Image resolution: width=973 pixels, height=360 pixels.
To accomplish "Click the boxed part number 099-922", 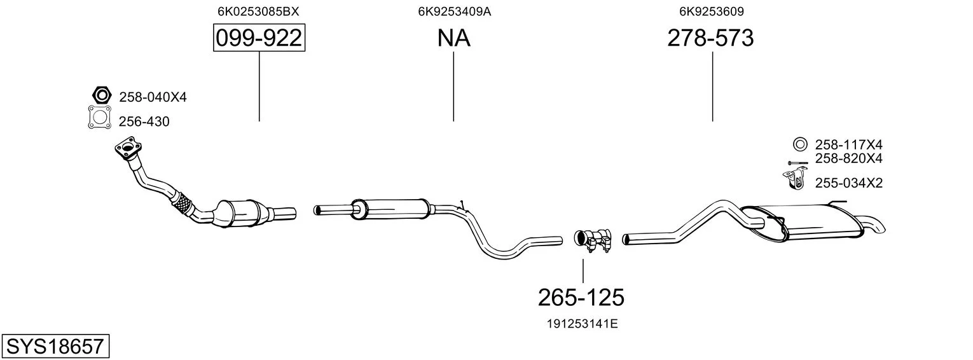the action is pos(259,38).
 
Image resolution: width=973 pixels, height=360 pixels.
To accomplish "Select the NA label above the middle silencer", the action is pos(453,38).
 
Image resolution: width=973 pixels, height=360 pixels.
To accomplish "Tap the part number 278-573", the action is pos(710,38).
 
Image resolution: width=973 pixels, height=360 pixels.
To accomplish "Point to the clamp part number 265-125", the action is pos(581,298).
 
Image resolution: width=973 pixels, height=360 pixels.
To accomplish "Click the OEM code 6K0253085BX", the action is pos(258,11).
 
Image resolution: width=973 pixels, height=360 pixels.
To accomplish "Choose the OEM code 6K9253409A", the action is pos(454,11).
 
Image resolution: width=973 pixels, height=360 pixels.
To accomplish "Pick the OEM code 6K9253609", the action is pos(712,11).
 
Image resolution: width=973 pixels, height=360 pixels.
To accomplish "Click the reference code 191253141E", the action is pos(582,324).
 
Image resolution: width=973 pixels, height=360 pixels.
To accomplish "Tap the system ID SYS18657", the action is pos(55,346).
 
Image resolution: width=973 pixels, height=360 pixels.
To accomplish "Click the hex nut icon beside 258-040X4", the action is pos(102,95).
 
